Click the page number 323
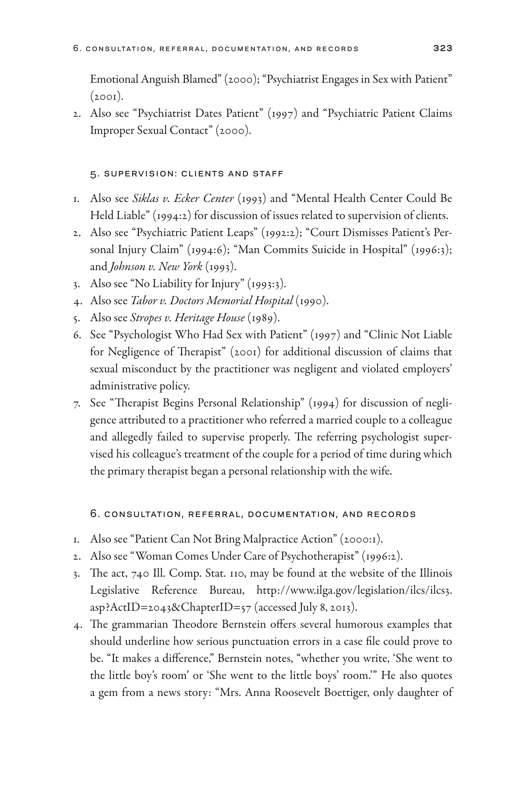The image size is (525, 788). [x=443, y=48]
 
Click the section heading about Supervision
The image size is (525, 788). [x=186, y=174]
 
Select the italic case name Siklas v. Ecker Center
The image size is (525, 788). [x=183, y=198]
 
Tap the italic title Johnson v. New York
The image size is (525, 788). [x=156, y=267]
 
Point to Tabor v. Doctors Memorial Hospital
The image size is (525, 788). [x=212, y=301]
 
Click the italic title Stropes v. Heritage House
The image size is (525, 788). [x=187, y=318]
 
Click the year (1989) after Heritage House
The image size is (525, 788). [x=264, y=318]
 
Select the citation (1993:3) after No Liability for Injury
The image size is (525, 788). [x=267, y=284]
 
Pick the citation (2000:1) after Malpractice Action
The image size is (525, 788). [x=361, y=539]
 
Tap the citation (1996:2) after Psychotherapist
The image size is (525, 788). [x=382, y=556]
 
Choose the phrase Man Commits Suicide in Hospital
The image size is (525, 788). [x=321, y=250]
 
